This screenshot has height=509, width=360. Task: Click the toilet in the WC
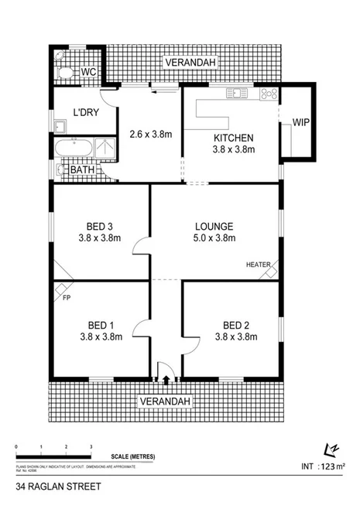pyautogui.click(x=67, y=73)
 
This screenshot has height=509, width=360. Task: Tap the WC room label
pyautogui.click(x=88, y=73)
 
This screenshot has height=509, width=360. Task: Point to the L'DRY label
pyautogui.click(x=85, y=112)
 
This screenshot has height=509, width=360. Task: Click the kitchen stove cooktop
pyautogui.click(x=268, y=94)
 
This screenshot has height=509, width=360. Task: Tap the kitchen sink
pyautogui.click(x=235, y=94)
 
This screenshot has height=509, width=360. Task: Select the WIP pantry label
pyautogui.click(x=300, y=121)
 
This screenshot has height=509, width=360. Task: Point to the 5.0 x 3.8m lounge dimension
pyautogui.click(x=214, y=239)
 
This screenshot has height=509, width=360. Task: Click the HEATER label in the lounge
pyautogui.click(x=258, y=265)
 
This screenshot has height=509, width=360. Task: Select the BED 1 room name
pyautogui.click(x=100, y=324)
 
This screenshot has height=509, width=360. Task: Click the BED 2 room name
pyautogui.click(x=235, y=324)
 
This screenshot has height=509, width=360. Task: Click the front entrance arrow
pyautogui.click(x=166, y=379)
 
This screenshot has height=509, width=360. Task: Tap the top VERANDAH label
pyautogui.click(x=190, y=62)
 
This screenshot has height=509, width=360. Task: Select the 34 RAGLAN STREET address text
pyautogui.click(x=50, y=489)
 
